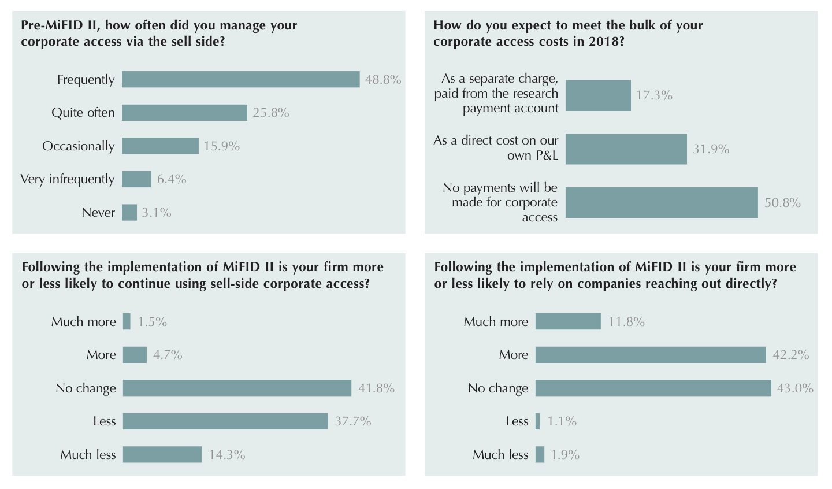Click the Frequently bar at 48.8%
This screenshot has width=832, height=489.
click(240, 79)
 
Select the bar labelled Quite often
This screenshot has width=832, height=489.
click(184, 113)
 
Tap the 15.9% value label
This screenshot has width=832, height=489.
click(221, 146)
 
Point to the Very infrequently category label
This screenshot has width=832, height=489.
click(68, 179)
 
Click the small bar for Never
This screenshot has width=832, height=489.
click(129, 213)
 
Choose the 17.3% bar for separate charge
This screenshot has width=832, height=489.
click(598, 95)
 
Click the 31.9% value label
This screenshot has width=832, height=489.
click(711, 149)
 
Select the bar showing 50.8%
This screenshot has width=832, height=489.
click(662, 202)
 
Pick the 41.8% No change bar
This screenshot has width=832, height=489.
click(237, 388)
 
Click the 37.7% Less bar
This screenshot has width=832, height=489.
click(225, 421)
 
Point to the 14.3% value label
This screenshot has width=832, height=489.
click(227, 455)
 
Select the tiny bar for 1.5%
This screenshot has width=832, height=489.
click(127, 321)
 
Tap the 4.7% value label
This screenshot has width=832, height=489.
click(168, 355)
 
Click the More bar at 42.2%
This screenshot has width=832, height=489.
click(651, 355)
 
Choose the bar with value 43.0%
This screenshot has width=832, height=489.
click(653, 388)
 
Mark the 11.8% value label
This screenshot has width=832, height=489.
click(626, 322)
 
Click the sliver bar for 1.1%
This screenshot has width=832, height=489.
click(538, 421)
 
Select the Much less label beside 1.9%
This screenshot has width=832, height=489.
click(500, 455)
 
